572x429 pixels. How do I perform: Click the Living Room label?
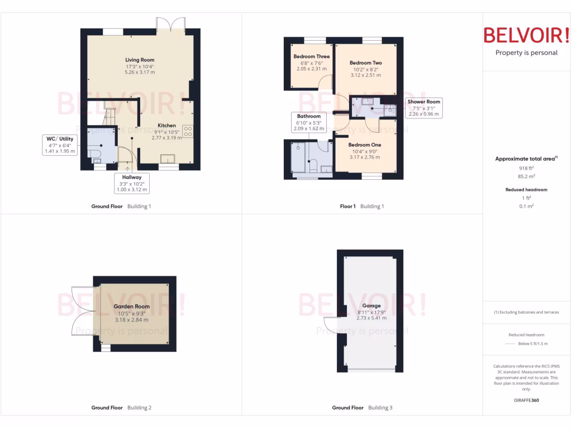click(x=140, y=60)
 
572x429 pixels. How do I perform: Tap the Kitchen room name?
click(x=166, y=126)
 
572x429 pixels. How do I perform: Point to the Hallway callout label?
click(x=132, y=177)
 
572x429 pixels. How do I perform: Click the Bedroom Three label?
click(x=311, y=56)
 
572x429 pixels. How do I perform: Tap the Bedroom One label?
click(x=366, y=145)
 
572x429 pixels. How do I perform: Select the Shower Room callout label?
click(x=424, y=102)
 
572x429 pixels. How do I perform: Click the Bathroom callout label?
click(x=309, y=116)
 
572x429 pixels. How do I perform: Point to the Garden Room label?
click(x=132, y=307)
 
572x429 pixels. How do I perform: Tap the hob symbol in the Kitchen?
click(x=188, y=132)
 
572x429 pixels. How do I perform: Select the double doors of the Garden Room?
click(x=84, y=311)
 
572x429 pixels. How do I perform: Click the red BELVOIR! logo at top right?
click(x=526, y=35)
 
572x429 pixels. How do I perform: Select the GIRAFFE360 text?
click(x=526, y=400)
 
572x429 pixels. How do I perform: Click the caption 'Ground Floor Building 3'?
click(x=362, y=408)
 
